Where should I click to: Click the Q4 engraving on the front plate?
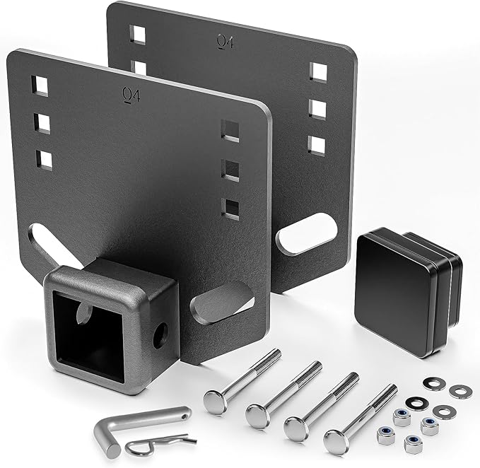131,95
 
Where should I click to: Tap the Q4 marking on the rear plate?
225,42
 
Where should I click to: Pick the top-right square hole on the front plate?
230,130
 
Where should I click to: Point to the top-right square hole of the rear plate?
319,71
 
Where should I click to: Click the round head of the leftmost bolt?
214,401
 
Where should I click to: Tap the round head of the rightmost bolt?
336,440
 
